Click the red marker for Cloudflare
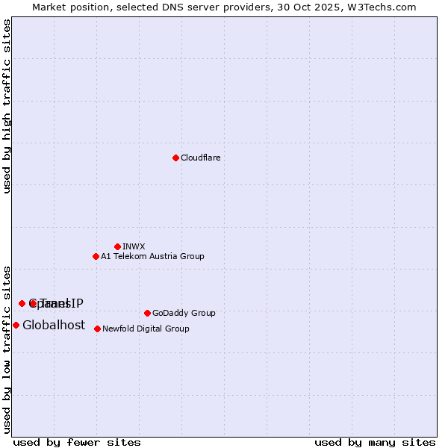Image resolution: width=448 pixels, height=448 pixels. click(x=175, y=158)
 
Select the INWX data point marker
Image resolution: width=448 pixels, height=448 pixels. click(x=117, y=246)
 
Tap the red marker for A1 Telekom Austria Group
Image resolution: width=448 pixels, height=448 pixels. click(x=96, y=256)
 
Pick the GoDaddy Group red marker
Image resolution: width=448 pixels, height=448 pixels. click(x=147, y=313)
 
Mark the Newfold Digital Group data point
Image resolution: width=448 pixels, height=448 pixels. click(x=97, y=329)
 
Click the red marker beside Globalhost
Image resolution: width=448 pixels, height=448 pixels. click(x=16, y=325)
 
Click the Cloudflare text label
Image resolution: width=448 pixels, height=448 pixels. click(x=200, y=158)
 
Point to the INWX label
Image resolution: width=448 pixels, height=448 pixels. click(x=134, y=246)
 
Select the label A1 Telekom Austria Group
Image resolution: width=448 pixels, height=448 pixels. click(x=152, y=256)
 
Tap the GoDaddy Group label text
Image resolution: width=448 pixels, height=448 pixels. click(x=184, y=313)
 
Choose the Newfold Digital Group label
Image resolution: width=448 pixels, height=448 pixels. click(x=146, y=329)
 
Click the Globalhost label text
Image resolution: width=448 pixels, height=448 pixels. click(x=54, y=325)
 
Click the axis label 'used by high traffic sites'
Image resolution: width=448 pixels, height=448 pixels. click(x=7, y=106)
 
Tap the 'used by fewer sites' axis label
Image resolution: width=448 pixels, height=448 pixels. click(x=77, y=442)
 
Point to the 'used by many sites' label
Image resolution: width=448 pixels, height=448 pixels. click(x=375, y=442)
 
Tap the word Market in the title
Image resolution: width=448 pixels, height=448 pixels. click(x=50, y=7)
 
